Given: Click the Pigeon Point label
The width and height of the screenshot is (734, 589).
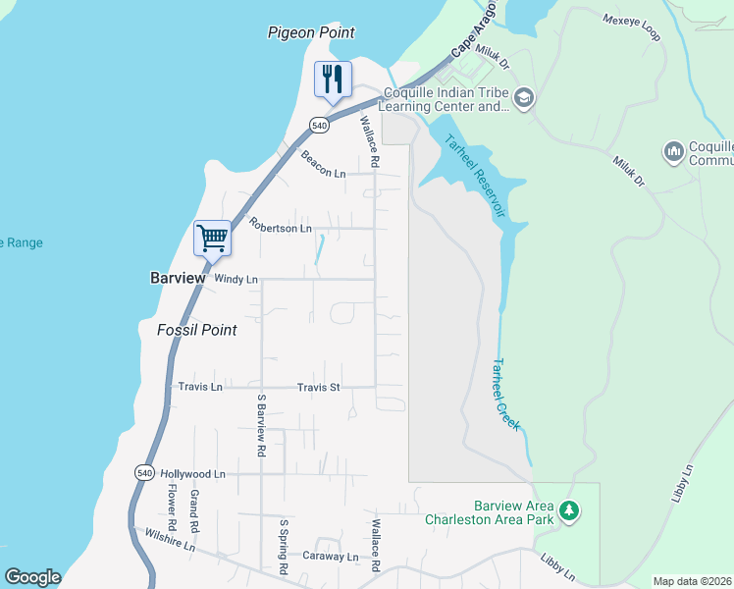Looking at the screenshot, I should (x=311, y=32).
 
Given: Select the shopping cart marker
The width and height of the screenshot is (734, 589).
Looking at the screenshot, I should (x=212, y=238).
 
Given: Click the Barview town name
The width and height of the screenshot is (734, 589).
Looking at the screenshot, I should (x=178, y=279).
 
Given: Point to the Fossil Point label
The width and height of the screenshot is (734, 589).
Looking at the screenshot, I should (x=196, y=330).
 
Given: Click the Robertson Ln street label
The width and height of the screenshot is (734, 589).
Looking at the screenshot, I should (x=280, y=228).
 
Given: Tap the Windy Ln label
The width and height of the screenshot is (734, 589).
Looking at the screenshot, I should (x=236, y=280).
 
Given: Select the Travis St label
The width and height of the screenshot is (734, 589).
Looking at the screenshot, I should (x=318, y=388).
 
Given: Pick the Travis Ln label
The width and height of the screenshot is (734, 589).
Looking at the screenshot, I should (x=200, y=388).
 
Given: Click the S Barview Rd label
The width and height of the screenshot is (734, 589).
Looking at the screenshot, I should (x=262, y=426).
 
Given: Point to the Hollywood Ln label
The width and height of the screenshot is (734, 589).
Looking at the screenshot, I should (x=192, y=474).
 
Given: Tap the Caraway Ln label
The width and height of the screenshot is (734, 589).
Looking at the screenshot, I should (x=331, y=556).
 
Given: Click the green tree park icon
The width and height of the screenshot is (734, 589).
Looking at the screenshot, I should (x=569, y=510).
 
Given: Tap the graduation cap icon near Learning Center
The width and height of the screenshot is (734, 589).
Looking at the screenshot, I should (x=524, y=96).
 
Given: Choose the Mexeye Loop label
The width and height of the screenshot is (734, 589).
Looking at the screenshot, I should (x=632, y=27).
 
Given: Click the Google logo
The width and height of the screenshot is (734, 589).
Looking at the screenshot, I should (x=32, y=577).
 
